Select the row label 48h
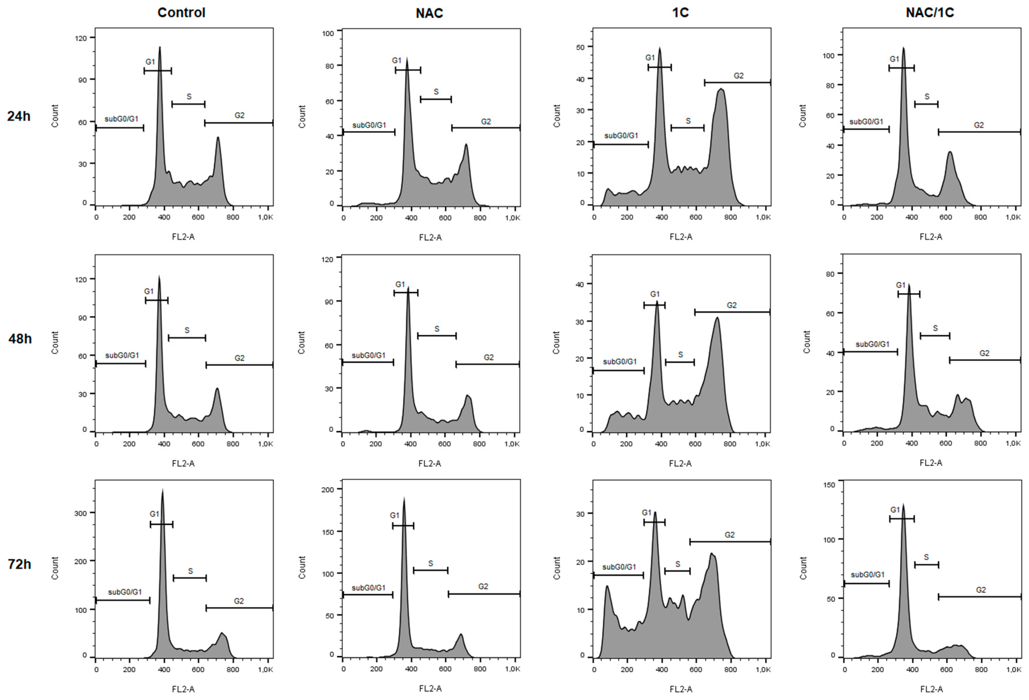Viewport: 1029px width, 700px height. [20, 339]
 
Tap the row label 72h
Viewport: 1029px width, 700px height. [19, 564]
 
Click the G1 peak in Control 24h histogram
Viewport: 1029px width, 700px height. [160, 49]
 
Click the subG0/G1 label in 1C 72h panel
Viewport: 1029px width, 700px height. [619, 567]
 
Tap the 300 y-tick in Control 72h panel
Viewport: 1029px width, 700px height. [81, 513]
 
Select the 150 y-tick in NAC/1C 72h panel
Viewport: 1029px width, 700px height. [829, 485]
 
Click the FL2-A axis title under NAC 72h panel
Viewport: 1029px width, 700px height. [430, 689]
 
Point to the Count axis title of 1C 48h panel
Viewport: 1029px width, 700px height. [556, 342]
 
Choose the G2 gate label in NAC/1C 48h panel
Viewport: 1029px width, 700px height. [984, 353]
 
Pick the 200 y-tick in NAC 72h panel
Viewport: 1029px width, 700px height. [328, 490]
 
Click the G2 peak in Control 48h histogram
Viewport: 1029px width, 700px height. [217, 390]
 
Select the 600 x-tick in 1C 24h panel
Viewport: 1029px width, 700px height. [696, 217]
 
